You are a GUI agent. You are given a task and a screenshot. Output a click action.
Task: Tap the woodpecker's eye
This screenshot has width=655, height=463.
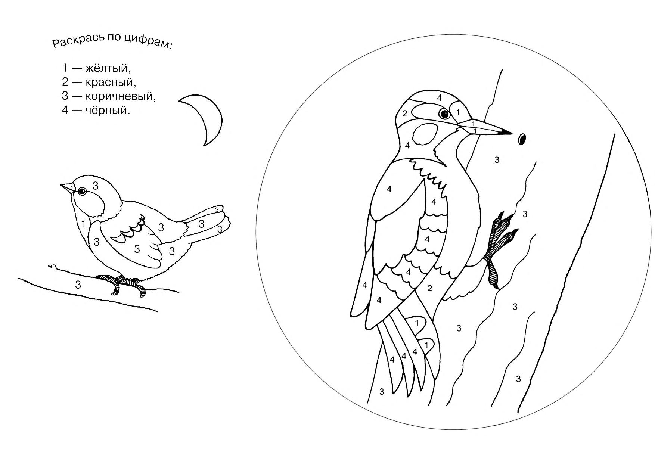(444, 114)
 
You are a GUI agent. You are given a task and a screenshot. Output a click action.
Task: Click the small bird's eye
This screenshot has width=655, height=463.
(81, 192)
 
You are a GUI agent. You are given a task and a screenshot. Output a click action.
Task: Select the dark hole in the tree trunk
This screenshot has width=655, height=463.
(522, 139)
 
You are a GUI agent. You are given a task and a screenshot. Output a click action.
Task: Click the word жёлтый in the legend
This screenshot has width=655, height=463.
(108, 68)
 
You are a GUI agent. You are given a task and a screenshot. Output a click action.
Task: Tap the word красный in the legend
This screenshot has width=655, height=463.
(110, 82)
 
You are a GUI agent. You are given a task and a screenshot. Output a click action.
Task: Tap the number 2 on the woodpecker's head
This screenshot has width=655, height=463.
(405, 114)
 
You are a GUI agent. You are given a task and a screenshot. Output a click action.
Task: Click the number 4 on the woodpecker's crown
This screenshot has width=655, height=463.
(440, 98)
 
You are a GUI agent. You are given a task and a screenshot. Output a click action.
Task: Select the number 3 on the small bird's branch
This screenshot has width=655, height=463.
(78, 285)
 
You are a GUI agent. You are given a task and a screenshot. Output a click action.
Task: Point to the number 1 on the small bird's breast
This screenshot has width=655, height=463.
(84, 224)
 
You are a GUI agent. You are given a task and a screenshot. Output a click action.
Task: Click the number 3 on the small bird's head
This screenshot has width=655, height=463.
(96, 185)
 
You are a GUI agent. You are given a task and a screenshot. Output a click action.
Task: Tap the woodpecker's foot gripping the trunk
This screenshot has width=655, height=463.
(500, 246)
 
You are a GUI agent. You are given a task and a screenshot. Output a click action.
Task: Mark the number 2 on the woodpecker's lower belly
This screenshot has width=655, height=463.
(430, 288)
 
